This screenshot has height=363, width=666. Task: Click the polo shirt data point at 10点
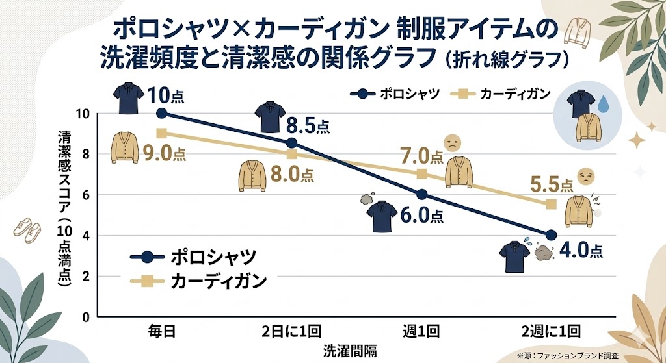162,113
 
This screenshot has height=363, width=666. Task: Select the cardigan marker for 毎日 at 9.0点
162,133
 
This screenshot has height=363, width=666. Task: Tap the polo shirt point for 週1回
421,194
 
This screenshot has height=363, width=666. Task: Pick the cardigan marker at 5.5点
552,204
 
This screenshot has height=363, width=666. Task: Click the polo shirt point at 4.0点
552,235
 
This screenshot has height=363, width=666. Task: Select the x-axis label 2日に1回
291,331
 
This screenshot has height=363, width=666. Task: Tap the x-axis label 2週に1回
552,331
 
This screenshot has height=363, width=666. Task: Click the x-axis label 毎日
162,331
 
